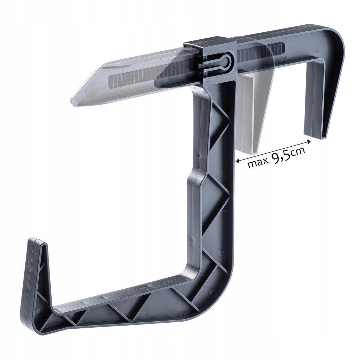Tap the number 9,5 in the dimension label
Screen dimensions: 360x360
click(281, 157)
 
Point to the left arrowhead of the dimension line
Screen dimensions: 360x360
click(238, 161)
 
